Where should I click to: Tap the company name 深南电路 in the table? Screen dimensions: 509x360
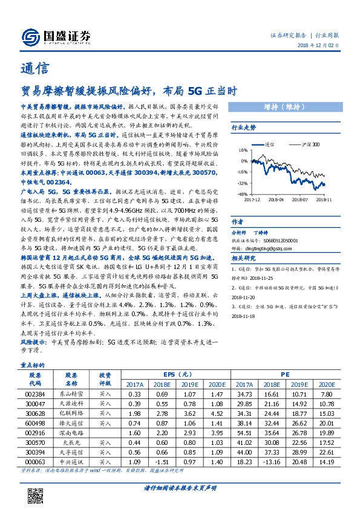(x=72, y=433)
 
